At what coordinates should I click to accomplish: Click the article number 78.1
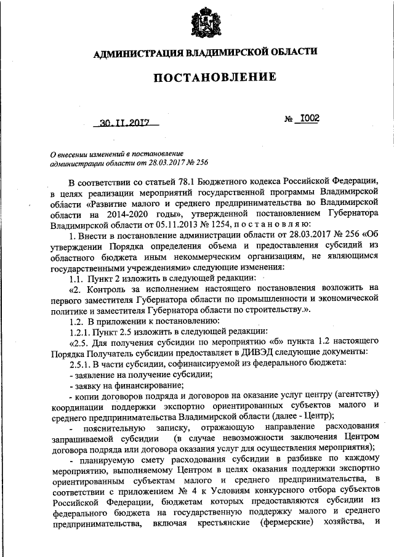tap(179, 182)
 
